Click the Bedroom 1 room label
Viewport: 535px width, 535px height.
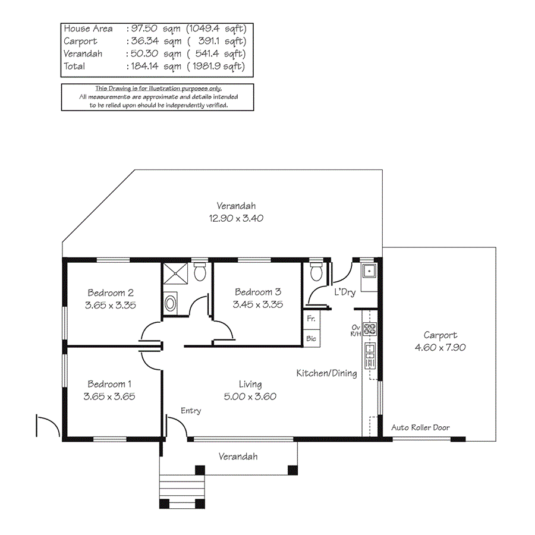pyautogui.click(x=111, y=384)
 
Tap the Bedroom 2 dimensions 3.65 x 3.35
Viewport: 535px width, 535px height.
pyautogui.click(x=111, y=304)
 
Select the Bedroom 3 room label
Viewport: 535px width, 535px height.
pyautogui.click(x=257, y=292)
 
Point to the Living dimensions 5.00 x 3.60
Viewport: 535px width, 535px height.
pyautogui.click(x=250, y=396)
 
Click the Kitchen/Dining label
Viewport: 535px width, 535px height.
pyautogui.click(x=326, y=373)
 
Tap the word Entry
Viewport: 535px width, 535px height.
pyautogui.click(x=191, y=411)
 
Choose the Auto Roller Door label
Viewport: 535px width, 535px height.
pyautogui.click(x=420, y=427)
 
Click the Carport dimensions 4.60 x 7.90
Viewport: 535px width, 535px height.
pyautogui.click(x=440, y=347)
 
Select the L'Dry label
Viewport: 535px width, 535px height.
pyautogui.click(x=345, y=292)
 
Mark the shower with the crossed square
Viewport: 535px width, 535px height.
pyautogui.click(x=178, y=273)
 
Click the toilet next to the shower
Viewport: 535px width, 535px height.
pyautogui.click(x=200, y=272)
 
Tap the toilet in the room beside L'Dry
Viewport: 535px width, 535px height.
pyautogui.click(x=317, y=272)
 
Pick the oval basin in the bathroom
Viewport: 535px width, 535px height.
pyautogui.click(x=171, y=303)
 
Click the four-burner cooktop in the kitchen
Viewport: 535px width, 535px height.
pyautogui.click(x=370, y=329)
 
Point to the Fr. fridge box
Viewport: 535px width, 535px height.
pyautogui.click(x=311, y=319)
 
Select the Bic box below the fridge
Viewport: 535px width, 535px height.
pyautogui.click(x=311, y=338)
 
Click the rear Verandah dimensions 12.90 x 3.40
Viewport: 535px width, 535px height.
pyautogui.click(x=236, y=218)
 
